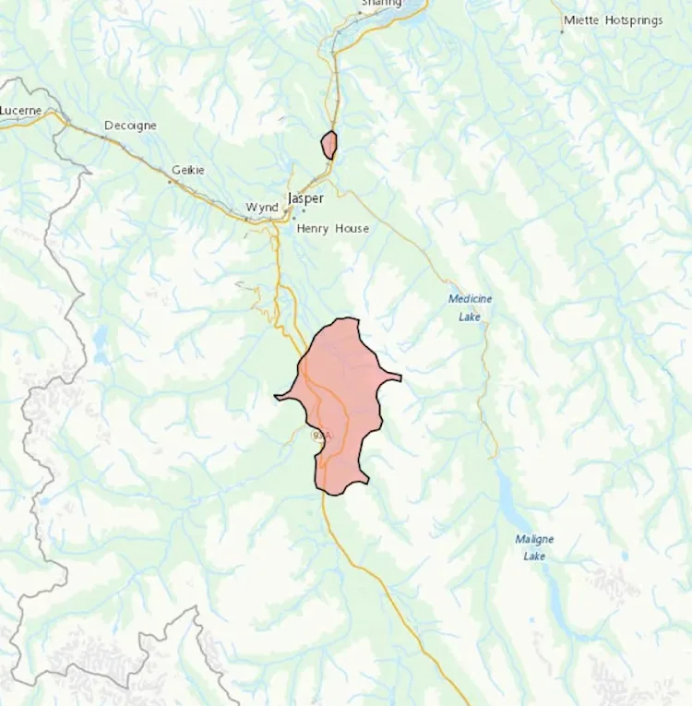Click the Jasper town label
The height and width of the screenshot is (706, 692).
tap(305, 198)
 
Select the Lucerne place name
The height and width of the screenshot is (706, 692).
tap(20, 111)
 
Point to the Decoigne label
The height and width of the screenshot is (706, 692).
tap(130, 126)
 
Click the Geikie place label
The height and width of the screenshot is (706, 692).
tap(188, 170)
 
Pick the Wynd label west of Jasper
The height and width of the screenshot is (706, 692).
tap(261, 208)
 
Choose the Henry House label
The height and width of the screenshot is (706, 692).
tap(332, 228)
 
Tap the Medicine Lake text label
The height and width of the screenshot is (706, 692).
tap(471, 307)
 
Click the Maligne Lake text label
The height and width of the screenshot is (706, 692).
tap(534, 547)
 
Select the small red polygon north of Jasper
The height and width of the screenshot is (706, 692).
tap(328, 145)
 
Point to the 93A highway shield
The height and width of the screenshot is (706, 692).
tap(320, 435)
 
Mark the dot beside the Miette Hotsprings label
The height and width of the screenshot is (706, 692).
tap(561, 31)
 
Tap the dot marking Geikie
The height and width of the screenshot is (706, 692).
tap(170, 182)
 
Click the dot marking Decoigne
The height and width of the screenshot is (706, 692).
tap(103, 138)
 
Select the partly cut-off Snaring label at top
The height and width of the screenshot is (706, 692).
tap(381, 4)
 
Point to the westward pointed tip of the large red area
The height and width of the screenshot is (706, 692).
tap(277, 398)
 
